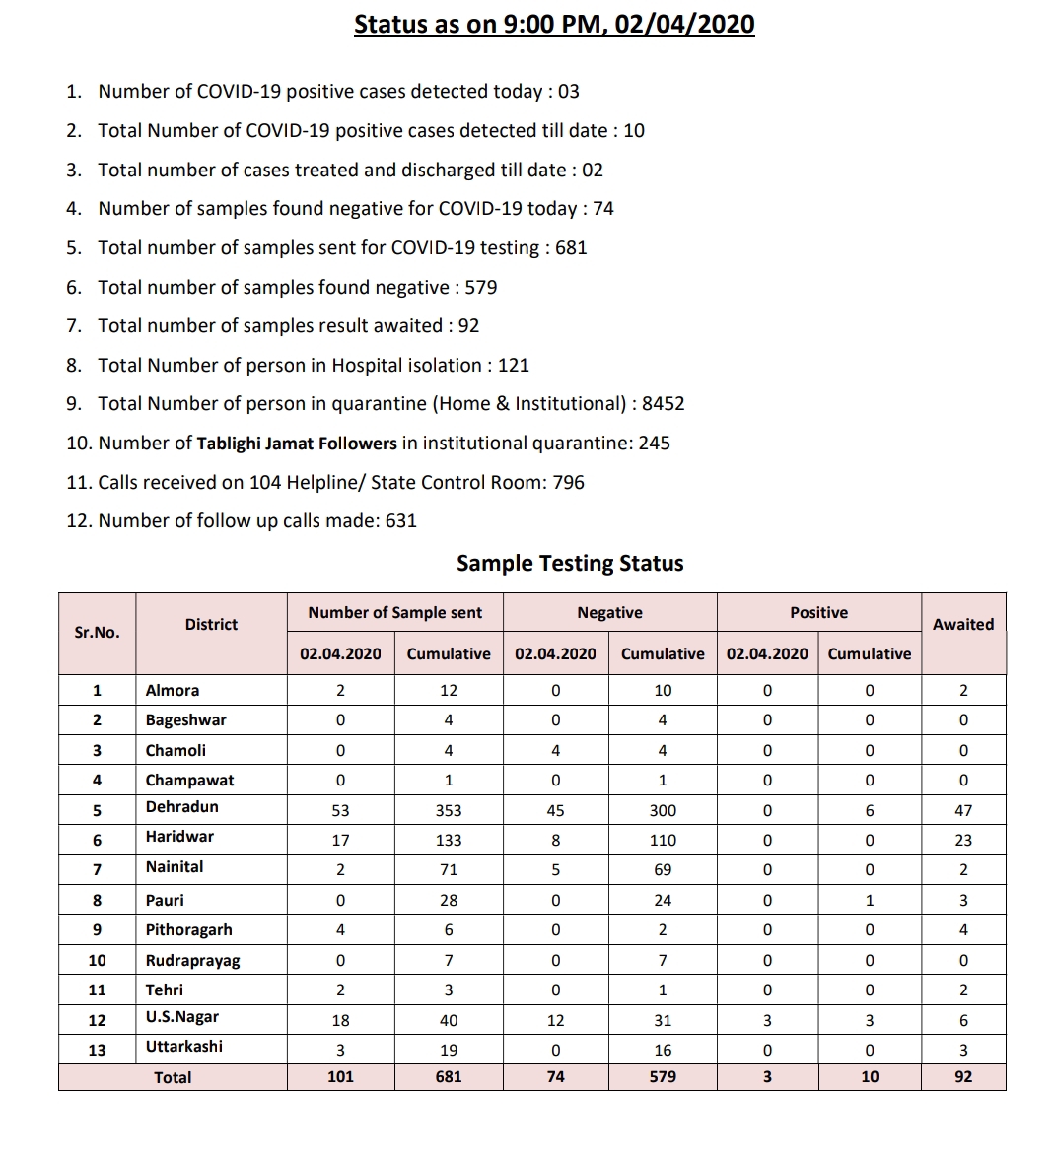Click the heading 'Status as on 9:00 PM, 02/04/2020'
(554, 25)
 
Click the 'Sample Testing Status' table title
(570, 564)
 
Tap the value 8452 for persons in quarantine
(663, 404)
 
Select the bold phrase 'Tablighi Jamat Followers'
(297, 444)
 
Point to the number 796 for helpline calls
(568, 483)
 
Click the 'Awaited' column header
(963, 624)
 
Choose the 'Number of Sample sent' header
(394, 613)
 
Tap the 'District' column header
(211, 624)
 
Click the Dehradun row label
(182, 807)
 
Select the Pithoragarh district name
(189, 930)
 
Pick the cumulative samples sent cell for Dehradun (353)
(449, 811)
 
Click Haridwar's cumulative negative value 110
(663, 841)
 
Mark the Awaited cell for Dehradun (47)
(963, 811)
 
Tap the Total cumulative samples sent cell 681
(449, 1077)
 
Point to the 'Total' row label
(173, 1078)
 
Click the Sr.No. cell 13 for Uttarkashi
(97, 1050)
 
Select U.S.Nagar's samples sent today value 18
(340, 1021)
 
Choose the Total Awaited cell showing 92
(963, 1077)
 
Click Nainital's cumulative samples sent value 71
(449, 870)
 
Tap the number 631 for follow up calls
(401, 521)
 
